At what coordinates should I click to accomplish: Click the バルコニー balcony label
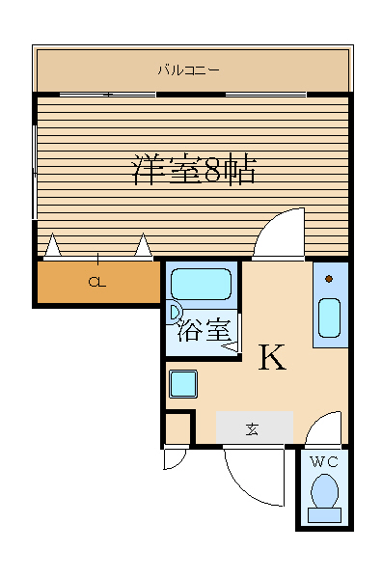pos(189,69)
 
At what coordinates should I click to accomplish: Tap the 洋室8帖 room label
pos(194,170)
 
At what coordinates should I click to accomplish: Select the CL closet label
pos(97,283)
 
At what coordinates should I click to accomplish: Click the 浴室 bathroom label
pos(205,330)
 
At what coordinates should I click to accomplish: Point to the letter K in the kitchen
pos(272,357)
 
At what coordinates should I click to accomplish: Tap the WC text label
pos(324,461)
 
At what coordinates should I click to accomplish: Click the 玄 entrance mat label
pos(252,429)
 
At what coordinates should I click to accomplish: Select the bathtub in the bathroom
pos(202,284)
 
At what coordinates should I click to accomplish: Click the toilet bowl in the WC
pos(324,491)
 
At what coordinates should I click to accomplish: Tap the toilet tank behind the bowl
pos(324,514)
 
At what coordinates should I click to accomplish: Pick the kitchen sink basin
pos(329,317)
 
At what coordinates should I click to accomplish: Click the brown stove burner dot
pos(329,279)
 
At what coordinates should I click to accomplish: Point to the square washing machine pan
pos(183,384)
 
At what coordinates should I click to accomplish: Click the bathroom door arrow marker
pos(230,346)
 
